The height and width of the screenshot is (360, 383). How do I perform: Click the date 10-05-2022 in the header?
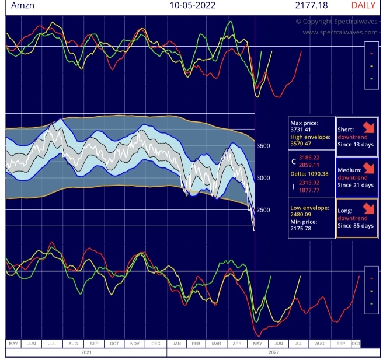tap(192, 6)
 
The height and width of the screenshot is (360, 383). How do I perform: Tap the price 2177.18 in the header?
tap(312, 6)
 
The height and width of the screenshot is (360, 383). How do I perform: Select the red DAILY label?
tap(363, 6)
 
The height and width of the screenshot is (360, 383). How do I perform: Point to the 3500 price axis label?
tap(264, 146)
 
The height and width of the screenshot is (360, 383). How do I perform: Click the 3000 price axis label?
tap(264, 178)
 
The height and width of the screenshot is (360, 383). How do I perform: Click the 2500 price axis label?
tap(264, 209)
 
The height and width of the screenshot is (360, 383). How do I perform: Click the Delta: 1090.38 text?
tap(311, 173)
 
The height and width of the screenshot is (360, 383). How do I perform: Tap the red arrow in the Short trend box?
tap(367, 127)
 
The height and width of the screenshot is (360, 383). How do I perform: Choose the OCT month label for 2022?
tap(356, 344)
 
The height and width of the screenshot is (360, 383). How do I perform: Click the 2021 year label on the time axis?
tap(86, 352)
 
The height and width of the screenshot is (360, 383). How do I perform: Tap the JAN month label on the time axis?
tap(177, 344)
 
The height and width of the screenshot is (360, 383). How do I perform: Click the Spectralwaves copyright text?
tap(336, 22)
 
